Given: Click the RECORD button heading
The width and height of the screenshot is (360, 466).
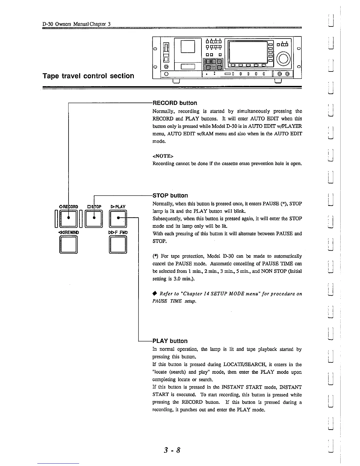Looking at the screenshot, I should (175, 103).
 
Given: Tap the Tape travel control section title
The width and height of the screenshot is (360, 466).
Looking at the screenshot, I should (88, 76).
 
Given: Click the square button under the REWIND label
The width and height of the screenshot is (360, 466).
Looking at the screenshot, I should (69, 244).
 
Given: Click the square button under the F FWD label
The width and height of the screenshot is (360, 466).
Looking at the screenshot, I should (118, 244).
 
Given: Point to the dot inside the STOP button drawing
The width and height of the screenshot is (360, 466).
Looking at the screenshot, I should (94, 218).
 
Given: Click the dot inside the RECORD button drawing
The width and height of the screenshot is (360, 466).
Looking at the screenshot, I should (69, 218).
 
